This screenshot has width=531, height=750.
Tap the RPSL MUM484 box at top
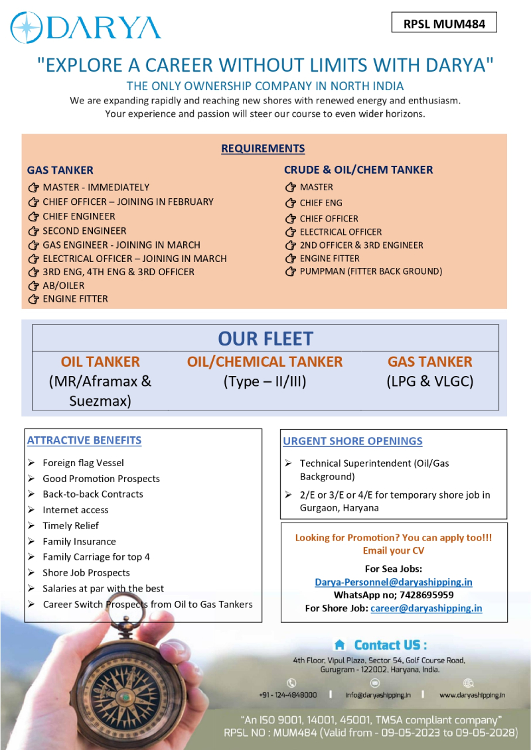[444, 24]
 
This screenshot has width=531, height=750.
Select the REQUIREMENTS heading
[263, 148]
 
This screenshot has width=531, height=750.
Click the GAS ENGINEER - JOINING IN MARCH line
[121, 245]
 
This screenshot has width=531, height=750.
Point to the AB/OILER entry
[63, 285]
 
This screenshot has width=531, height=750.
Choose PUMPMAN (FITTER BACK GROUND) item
[370, 271]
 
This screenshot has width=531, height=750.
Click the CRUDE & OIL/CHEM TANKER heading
[358, 170]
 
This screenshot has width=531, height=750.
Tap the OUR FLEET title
[265, 338]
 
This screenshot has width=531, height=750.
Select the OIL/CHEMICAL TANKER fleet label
[265, 361]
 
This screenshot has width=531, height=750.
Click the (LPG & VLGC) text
[429, 381]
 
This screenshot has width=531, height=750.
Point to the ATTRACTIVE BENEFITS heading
[84, 440]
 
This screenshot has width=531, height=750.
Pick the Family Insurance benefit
[79, 541]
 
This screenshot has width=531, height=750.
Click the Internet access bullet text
[75, 510]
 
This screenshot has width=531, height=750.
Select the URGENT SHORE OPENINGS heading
[352, 441]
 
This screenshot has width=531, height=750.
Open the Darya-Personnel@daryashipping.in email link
[394, 582]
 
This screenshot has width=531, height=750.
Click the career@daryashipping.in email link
[426, 608]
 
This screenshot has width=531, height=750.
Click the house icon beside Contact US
[339, 645]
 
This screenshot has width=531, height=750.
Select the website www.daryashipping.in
[472, 695]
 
